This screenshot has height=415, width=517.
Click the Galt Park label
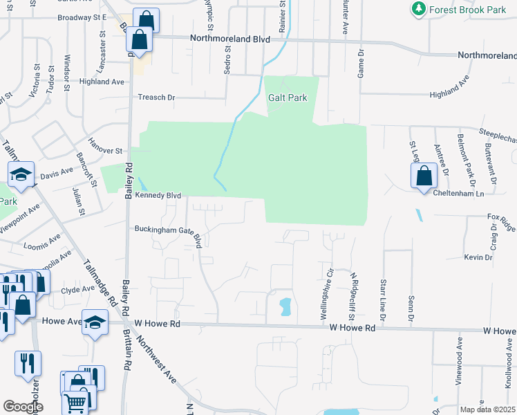pyautogui.click(x=287, y=98)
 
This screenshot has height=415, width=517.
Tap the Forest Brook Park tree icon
pyautogui.click(x=418, y=8)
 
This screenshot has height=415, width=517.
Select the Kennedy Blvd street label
pyautogui.click(x=158, y=196)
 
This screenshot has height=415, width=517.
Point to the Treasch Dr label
pyautogui.click(x=157, y=98)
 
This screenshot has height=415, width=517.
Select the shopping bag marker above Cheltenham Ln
pyautogui.click(x=424, y=176)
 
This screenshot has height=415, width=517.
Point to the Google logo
pyautogui.click(x=23, y=407)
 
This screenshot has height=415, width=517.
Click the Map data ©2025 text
pyautogui.click(x=488, y=409)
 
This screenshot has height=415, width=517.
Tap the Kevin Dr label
pyautogui.click(x=478, y=257)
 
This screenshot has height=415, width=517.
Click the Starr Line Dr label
pyautogui.click(x=382, y=299)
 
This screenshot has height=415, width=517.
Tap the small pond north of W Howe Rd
pyautogui.click(x=285, y=306)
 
